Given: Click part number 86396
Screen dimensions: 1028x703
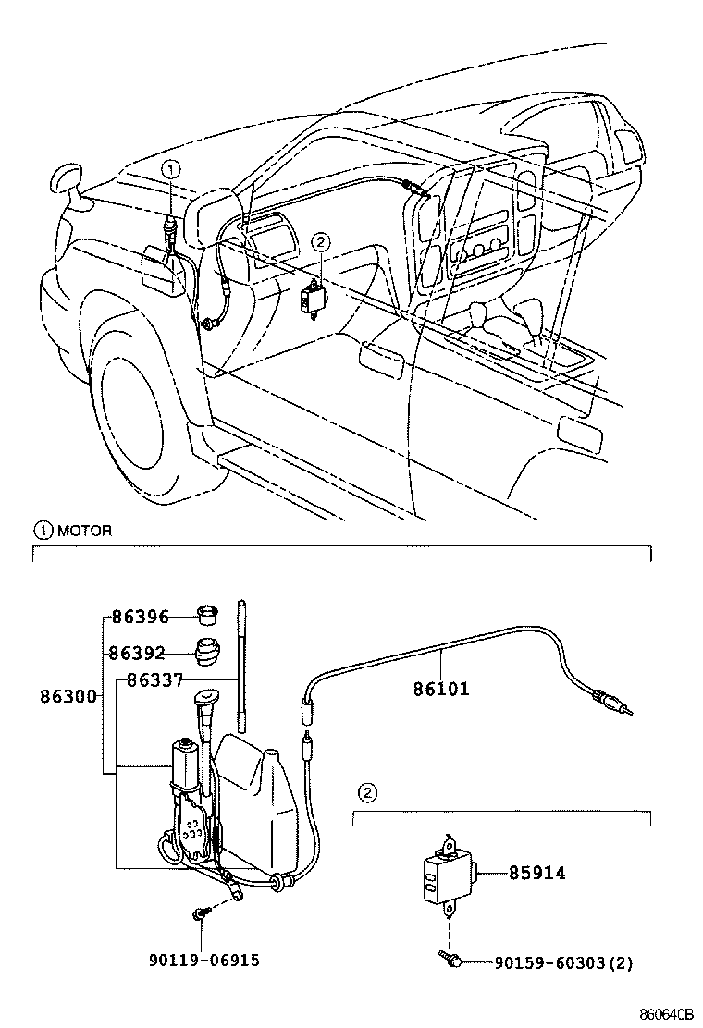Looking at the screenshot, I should pos(141,618).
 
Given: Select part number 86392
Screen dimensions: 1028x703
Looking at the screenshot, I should pos(136,654).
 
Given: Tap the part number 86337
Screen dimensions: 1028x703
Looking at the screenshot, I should pos(154,681).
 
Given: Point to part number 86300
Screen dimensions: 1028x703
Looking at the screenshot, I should pos(68,695).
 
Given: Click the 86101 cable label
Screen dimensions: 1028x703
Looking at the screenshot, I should pos(441,689).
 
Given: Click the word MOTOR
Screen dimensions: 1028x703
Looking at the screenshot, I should pos(84,531).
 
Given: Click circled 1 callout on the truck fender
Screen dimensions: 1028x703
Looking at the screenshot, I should pos(172,168).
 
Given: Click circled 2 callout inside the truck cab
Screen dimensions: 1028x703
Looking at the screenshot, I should pos(320,242).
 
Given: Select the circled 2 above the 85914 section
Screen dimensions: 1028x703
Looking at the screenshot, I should pos(367,792).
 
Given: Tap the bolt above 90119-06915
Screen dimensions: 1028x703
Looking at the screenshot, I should pos(201,914).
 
